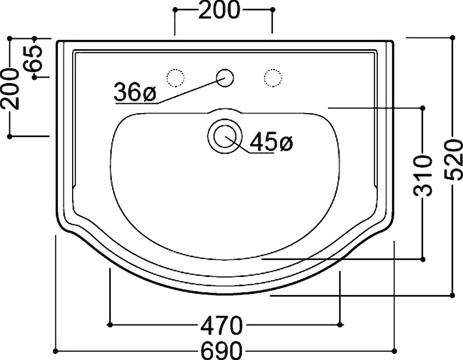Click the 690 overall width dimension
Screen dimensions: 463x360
coord(222,351)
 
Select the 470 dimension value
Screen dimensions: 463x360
coord(222,325)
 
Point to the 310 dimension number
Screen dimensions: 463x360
coord(422,176)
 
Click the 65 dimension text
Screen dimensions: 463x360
coord(33,58)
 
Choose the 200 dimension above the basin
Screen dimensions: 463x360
coord(219,10)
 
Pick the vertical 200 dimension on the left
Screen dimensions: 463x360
coord(10,88)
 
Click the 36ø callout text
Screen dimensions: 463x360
coord(135,92)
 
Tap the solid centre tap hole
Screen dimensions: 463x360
coord(225,78)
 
